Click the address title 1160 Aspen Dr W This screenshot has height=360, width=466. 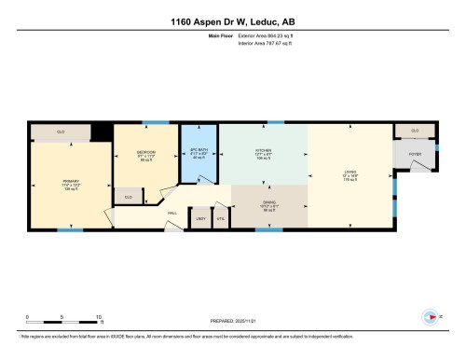tap(232, 21)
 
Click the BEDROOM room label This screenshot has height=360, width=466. tap(145, 155)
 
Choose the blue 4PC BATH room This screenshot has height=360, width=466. tap(198, 153)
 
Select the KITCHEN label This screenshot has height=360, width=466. tap(263, 153)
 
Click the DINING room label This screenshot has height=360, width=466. tap(268, 207)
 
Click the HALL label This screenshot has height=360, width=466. tap(172, 214)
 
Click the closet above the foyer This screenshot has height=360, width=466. tap(414, 131)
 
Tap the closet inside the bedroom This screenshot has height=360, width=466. tap(129, 198)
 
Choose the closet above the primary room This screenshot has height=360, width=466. tap(60, 132)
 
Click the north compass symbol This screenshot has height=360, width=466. tap(430, 314)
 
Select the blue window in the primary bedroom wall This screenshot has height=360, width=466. tap(64, 229)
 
